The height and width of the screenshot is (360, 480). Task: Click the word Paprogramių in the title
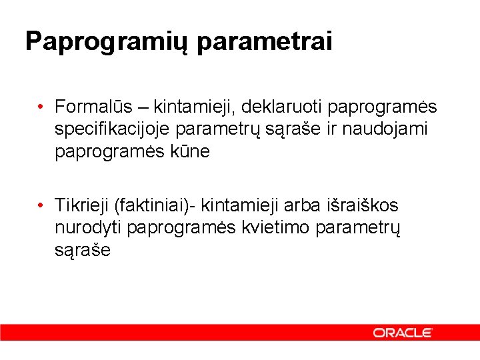[107, 42]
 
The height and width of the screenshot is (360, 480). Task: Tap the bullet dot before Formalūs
[41, 107]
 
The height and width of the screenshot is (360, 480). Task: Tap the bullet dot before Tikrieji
[41, 205]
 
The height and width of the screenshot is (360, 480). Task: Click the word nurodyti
[88, 227]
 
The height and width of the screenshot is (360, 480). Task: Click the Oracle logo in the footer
[403, 332]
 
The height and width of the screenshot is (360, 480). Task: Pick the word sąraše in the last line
[83, 250]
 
